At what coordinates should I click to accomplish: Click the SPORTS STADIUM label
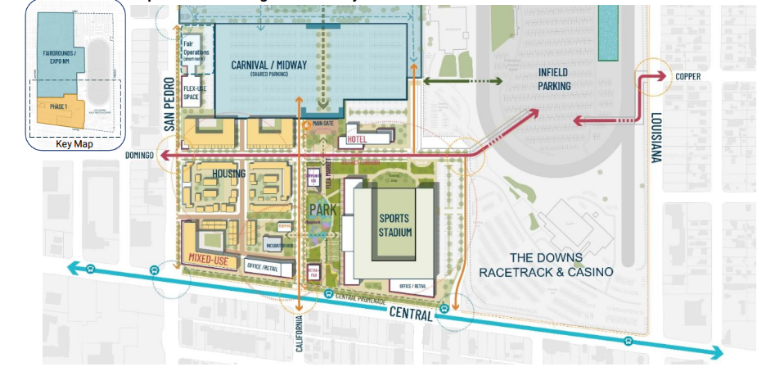coord(394,225)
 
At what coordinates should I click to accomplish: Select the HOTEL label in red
coord(357,140)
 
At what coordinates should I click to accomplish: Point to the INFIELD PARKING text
coord(553,78)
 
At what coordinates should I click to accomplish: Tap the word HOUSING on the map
coord(229,174)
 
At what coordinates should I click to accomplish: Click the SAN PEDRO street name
coord(169,104)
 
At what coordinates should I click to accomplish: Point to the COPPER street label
coord(687,77)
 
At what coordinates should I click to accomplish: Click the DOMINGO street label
coord(141,155)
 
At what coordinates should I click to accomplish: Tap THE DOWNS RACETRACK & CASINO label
coord(546,264)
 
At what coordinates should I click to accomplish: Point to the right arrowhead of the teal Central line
coord(719,353)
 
